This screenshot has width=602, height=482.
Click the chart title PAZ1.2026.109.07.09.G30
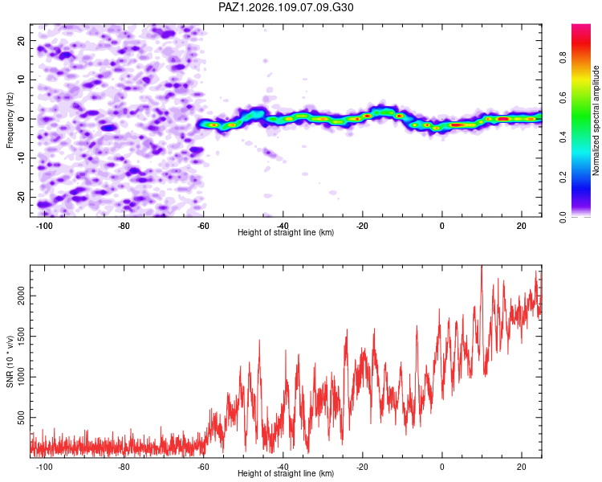(286, 7)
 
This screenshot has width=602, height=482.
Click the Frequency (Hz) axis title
(10, 120)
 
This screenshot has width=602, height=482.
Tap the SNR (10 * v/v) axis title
(10, 361)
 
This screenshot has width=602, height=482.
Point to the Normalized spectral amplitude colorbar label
(596, 120)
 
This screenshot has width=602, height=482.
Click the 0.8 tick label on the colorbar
(563, 58)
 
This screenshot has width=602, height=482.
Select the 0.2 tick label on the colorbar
(563, 178)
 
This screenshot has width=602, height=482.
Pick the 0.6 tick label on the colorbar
(563, 98)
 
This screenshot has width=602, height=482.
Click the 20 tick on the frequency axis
(22, 40)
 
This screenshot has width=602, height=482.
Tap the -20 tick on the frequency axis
(22, 197)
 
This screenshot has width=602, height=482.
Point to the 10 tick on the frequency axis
(22, 80)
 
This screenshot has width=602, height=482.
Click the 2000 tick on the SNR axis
(22, 296)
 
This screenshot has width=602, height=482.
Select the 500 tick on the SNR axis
(22, 418)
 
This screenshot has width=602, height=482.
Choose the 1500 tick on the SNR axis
(22, 337)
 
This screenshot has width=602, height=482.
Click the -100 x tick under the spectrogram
(44, 226)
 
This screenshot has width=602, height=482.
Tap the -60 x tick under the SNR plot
(203, 467)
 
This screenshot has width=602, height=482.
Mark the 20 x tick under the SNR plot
(522, 467)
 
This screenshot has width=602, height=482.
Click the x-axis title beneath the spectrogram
(286, 232)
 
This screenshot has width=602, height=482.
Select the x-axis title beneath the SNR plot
(286, 473)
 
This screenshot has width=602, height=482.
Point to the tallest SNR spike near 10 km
(482, 267)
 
